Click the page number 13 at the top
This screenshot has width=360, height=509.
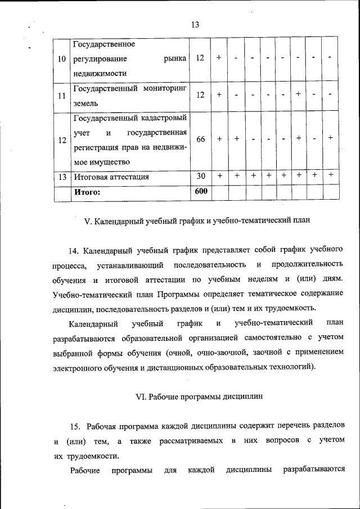195,25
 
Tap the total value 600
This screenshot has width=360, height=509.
201,191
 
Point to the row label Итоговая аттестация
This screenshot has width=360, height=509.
111,177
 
